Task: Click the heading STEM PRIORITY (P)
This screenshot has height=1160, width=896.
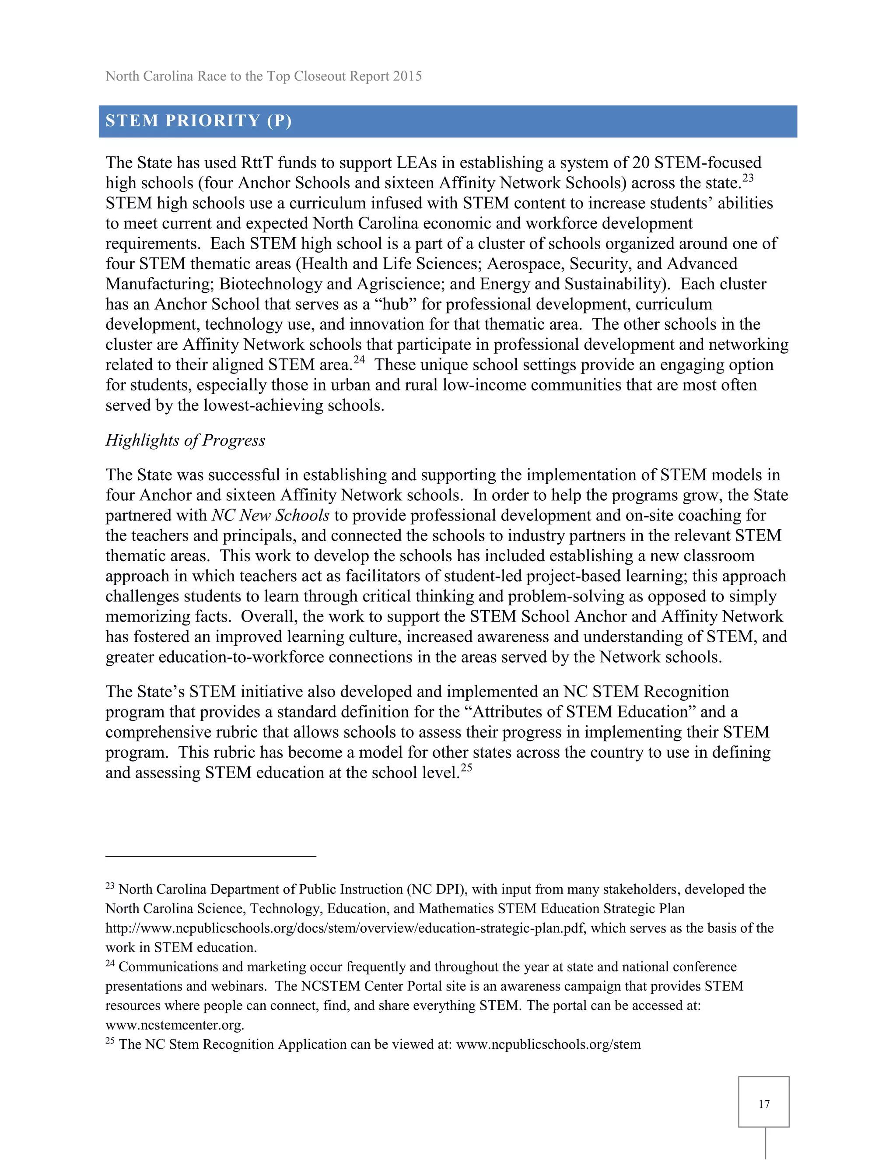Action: tap(199, 121)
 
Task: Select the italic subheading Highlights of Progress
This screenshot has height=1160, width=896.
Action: tap(185, 440)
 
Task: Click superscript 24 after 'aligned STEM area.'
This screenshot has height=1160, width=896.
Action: tap(359, 359)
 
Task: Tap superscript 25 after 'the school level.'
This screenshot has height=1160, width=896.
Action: tap(465, 767)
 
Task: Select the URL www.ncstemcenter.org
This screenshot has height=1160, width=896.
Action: tap(174, 1025)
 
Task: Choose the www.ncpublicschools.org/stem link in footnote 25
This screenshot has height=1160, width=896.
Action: tap(548, 1044)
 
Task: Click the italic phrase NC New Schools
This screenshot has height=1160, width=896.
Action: tap(271, 516)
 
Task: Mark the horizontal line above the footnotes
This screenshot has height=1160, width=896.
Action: tap(211, 856)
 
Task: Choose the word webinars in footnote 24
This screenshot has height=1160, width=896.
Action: tap(238, 986)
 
